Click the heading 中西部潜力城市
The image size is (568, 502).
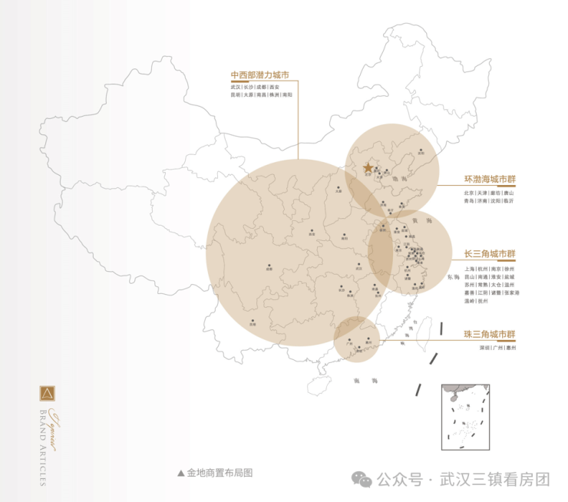tap(259, 75)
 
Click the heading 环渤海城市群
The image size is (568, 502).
tap(490, 179)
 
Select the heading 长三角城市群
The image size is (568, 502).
tap(490, 254)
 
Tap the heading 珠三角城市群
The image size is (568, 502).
tap(490, 335)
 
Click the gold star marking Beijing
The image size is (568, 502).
tap(368, 167)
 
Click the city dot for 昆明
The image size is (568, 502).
tap(252, 321)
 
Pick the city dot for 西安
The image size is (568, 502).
tap(312, 230)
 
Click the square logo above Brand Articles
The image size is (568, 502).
tap(48, 395)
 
